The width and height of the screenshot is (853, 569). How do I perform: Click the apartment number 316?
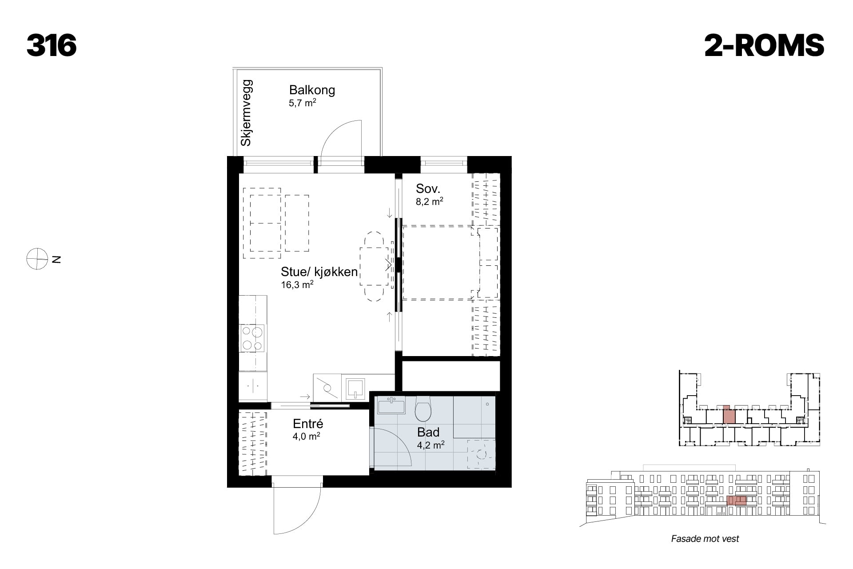coord(52,45)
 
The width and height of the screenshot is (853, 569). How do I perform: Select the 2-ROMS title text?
coord(764,45)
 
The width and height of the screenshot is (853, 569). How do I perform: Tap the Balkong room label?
coord(312,90)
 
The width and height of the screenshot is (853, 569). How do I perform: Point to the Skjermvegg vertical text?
coord(246,113)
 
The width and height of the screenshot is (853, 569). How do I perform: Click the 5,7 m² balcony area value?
coord(302,103)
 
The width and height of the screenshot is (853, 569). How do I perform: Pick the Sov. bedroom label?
coord(428,188)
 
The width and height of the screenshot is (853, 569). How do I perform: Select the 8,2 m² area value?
coord(429,201)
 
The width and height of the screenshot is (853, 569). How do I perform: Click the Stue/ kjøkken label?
coord(319,272)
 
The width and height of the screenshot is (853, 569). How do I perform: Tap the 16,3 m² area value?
coord(297,284)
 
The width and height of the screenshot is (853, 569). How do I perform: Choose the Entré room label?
coord(308,424)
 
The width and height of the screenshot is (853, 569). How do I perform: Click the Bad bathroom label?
coord(428,432)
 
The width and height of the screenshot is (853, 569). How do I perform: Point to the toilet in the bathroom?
coord(423,409)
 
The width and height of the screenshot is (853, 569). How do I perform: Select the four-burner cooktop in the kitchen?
coord(252,338)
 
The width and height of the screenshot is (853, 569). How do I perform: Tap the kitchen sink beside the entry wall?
coord(355,388)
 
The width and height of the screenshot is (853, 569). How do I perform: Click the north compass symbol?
coord(37,259)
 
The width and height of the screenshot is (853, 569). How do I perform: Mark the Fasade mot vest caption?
coord(705,539)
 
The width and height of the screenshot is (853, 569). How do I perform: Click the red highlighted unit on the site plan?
coord(729,414)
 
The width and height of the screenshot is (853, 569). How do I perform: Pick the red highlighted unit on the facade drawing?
coord(736,501)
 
